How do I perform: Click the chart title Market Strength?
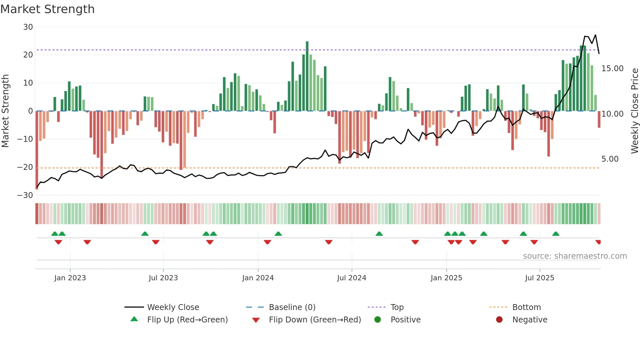[47, 9]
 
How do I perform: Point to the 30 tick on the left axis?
[28, 27]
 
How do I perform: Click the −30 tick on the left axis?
[25, 195]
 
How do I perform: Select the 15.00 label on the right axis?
[612, 69]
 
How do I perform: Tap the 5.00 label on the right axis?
[610, 159]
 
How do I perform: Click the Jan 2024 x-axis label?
[258, 278]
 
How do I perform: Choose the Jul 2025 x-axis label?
[539, 278]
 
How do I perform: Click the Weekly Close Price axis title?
[634, 111]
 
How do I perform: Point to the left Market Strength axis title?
[5, 111]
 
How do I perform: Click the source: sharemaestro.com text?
[575, 256]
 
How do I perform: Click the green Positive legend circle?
[378, 320]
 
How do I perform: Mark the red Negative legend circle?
[499, 320]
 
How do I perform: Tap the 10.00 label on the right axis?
[612, 114]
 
